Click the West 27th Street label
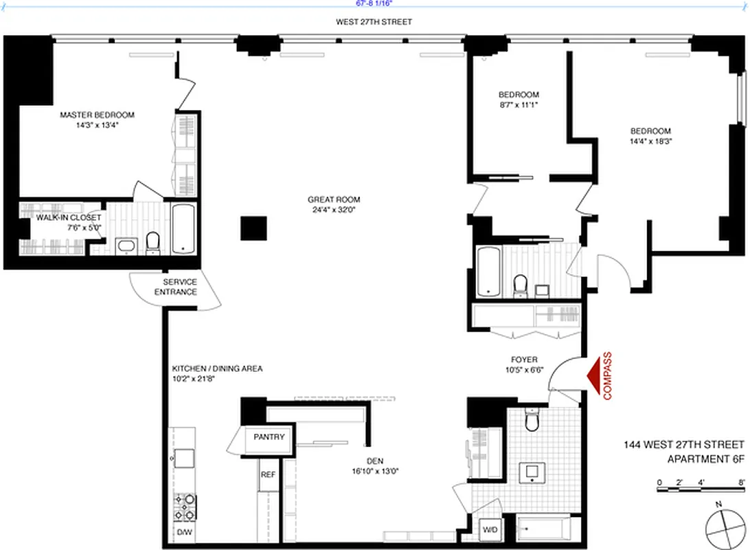[x=374, y=22]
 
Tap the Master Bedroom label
[x=97, y=115]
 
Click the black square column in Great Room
[x=253, y=228]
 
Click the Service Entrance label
[x=180, y=287]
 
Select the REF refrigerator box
[x=267, y=475]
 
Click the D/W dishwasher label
[x=185, y=532]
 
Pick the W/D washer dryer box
[x=490, y=530]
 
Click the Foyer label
[x=524, y=360]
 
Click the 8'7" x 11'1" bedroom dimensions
[x=519, y=105]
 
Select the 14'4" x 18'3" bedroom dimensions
[x=651, y=141]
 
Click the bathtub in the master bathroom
[x=183, y=229]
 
